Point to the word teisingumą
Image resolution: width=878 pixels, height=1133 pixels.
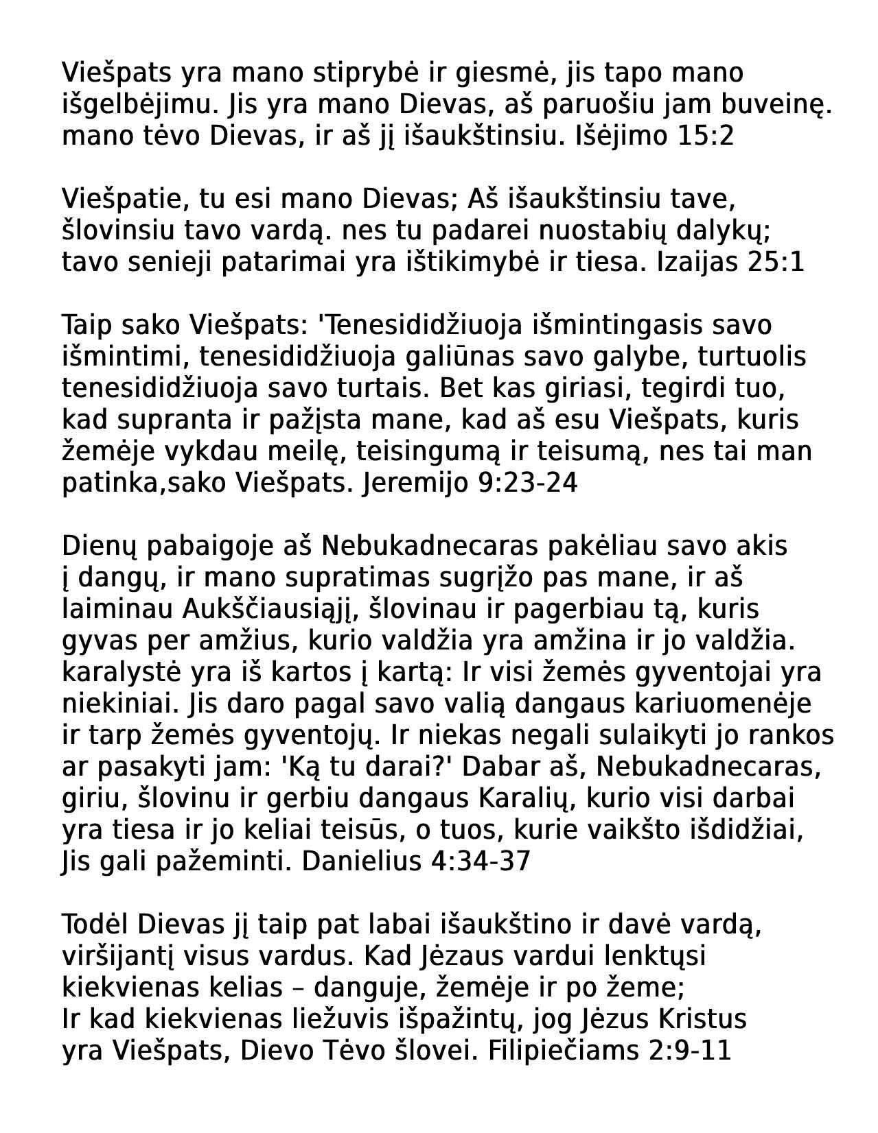pyautogui.click(x=439, y=451)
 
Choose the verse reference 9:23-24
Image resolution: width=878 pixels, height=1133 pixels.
pyautogui.click(x=527, y=483)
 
